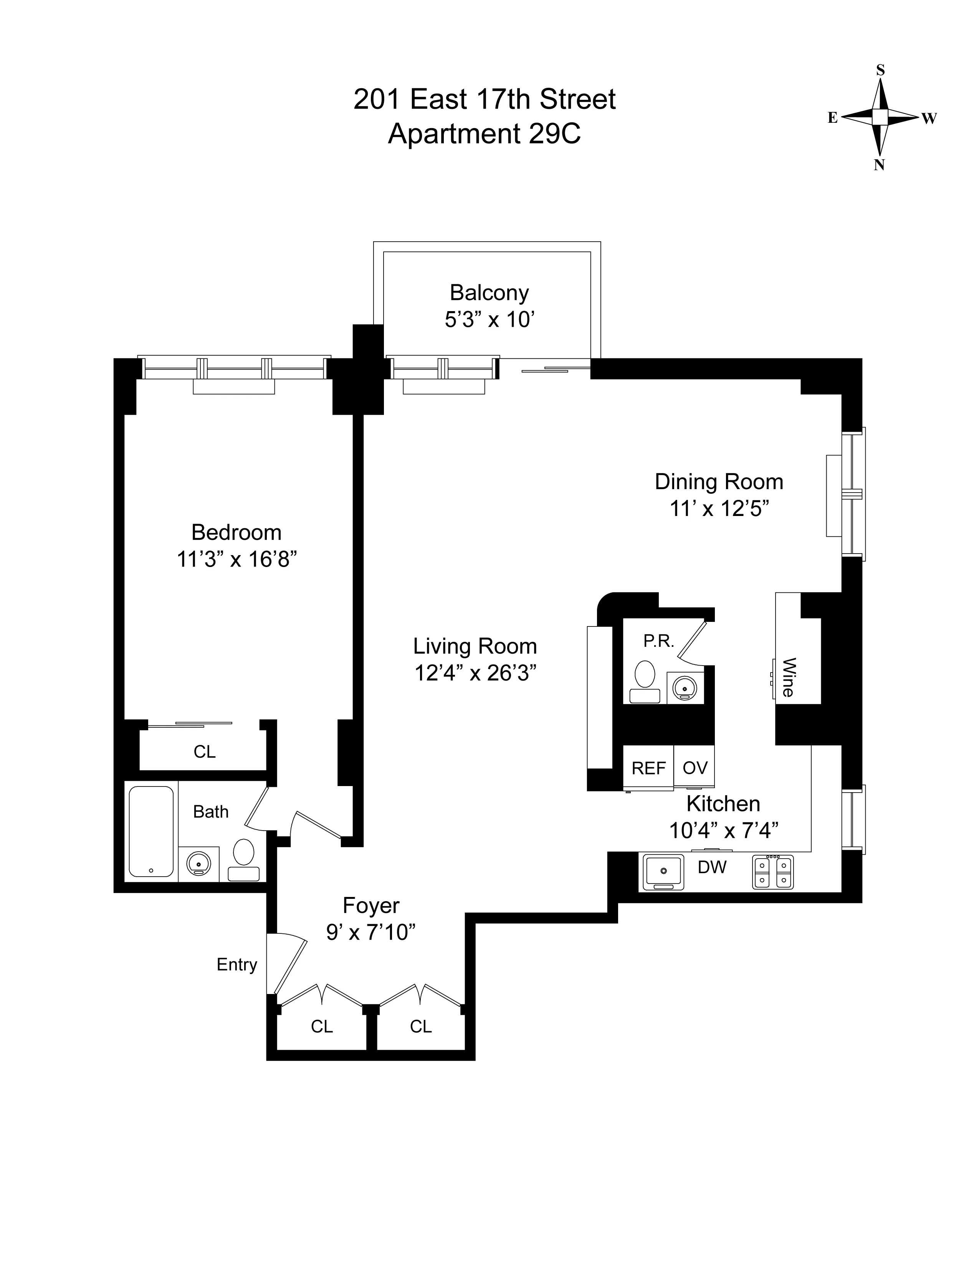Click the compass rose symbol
click(880, 117)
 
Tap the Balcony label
click(489, 293)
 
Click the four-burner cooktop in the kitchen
click(772, 872)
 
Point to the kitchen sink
click(663, 872)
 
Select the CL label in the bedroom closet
click(204, 752)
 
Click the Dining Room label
click(719, 482)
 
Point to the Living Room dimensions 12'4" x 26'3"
click(475, 673)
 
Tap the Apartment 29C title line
click(484, 134)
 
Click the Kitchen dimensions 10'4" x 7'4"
click(723, 831)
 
